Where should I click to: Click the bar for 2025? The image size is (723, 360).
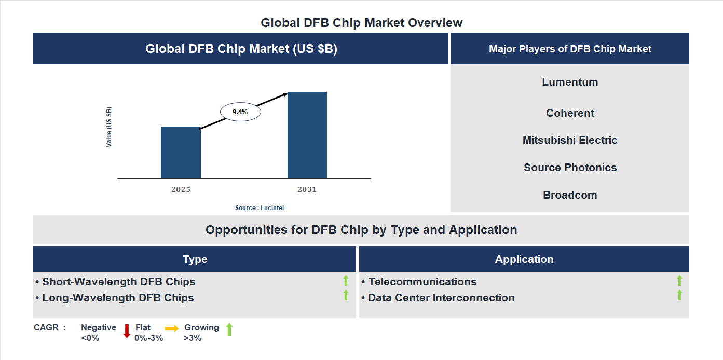(181, 153)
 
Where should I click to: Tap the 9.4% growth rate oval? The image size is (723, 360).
(240, 112)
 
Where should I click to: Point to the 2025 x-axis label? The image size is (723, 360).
(181, 189)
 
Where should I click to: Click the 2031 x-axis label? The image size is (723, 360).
(307, 189)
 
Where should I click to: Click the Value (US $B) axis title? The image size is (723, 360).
(109, 127)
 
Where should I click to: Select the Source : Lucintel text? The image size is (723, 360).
(260, 208)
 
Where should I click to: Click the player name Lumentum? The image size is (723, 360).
(570, 82)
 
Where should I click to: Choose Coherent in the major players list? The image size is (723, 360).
(570, 113)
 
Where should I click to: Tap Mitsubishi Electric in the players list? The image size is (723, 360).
(570, 140)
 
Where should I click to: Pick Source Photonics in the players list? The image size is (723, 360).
(570, 168)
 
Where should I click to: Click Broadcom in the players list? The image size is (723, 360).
(570, 195)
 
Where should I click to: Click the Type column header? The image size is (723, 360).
(195, 259)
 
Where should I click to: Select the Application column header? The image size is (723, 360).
(524, 259)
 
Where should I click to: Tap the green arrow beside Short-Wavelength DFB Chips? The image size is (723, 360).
(346, 281)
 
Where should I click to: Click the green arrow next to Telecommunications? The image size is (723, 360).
(679, 281)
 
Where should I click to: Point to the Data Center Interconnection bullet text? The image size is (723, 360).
(441, 298)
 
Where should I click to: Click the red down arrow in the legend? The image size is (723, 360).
(126, 331)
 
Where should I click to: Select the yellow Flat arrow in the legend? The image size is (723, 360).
(172, 328)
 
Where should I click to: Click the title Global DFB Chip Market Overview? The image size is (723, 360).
(361, 23)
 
